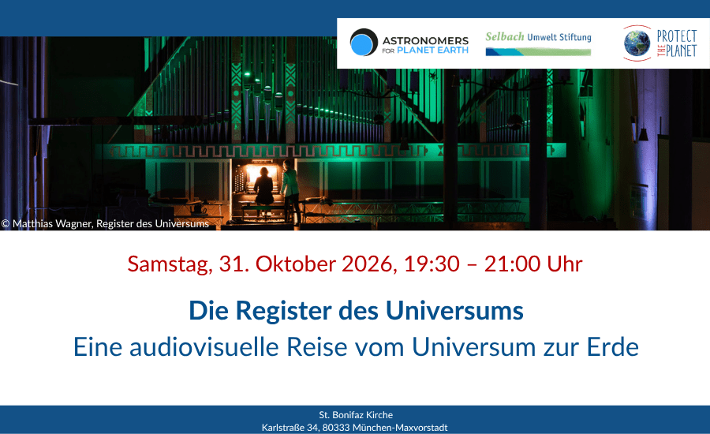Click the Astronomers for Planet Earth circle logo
364,42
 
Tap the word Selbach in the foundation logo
504,36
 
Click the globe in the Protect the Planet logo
637,43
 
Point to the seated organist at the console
263,187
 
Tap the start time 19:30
432,264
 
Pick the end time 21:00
512,264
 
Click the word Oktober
296,264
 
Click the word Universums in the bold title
454,311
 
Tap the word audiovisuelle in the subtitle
204,347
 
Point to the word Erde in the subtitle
613,347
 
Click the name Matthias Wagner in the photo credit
52,223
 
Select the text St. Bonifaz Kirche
356,414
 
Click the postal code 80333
336,427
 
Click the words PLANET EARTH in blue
432,51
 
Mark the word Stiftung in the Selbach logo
575,37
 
